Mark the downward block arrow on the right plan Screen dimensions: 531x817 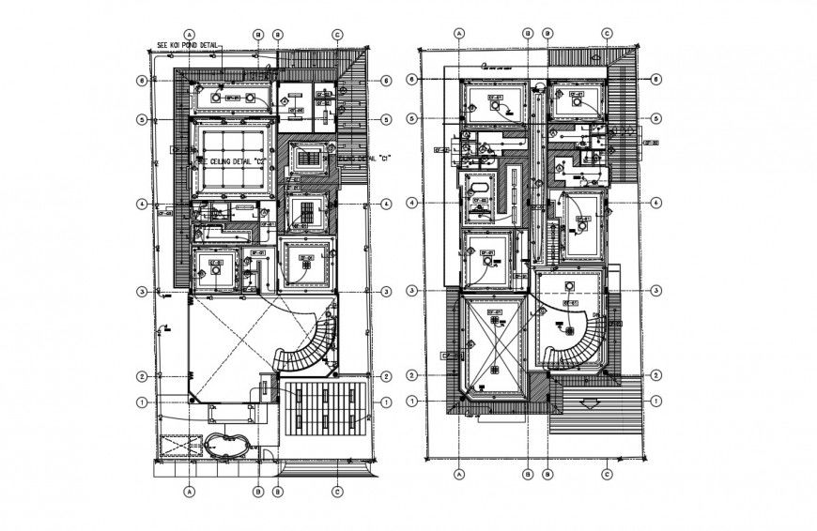[589, 405]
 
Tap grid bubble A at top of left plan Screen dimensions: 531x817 [190, 33]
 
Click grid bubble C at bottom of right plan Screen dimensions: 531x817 [608, 474]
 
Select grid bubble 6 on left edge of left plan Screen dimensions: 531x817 [141, 80]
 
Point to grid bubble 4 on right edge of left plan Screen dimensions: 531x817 [386, 204]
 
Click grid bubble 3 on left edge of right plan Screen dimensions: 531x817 [411, 291]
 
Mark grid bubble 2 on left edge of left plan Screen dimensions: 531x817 [141, 376]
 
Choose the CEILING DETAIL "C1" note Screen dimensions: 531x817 [357, 159]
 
